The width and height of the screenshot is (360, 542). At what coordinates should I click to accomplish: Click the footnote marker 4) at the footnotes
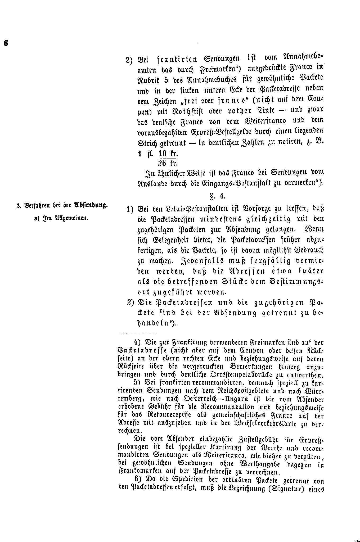coord(137,342)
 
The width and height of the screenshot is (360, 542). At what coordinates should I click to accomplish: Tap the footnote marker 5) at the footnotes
coord(137,382)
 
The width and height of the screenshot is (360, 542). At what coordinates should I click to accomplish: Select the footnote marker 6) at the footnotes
coord(137,480)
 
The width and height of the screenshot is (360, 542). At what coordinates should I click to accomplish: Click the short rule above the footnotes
coord(137,332)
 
